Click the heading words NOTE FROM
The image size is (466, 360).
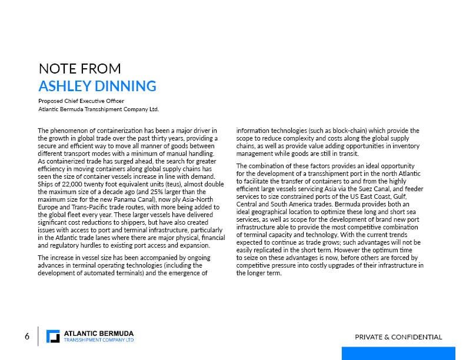(x=79, y=68)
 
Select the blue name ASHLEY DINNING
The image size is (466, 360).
(x=97, y=86)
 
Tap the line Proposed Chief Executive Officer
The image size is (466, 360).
(x=81, y=101)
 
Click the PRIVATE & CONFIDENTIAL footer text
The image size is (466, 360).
(x=398, y=337)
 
